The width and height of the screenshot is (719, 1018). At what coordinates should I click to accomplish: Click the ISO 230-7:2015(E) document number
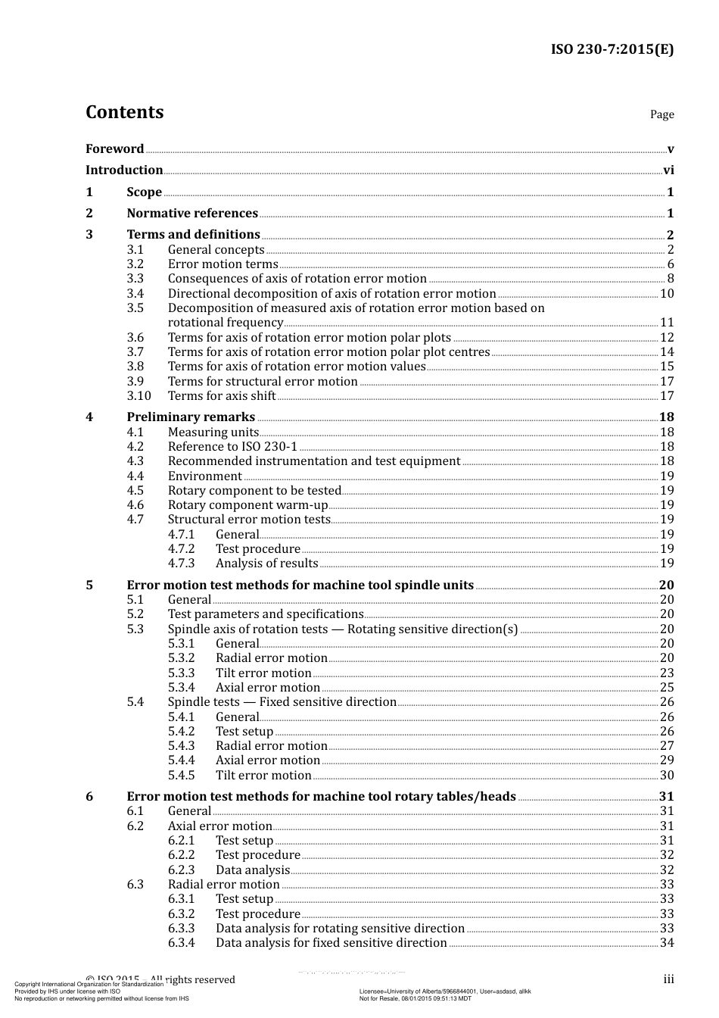(x=612, y=50)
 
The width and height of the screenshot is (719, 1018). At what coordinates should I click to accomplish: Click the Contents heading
(x=124, y=112)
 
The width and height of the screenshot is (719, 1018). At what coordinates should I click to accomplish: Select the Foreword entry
(x=114, y=149)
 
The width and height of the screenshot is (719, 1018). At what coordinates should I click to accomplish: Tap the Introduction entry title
(x=124, y=170)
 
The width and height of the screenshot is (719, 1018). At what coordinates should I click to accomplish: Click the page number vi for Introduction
(x=668, y=170)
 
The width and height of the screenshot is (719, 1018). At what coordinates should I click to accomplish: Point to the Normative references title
(x=192, y=214)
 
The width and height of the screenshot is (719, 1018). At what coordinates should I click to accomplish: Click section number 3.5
(x=135, y=308)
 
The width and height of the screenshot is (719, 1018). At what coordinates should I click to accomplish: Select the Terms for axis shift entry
(x=222, y=396)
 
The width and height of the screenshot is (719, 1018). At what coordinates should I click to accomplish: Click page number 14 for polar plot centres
(x=667, y=352)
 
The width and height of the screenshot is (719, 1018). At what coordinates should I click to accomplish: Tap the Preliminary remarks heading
(x=191, y=417)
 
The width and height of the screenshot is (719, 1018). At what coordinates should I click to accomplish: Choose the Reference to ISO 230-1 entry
(x=232, y=447)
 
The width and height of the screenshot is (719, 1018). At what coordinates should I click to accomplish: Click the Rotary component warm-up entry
(x=247, y=505)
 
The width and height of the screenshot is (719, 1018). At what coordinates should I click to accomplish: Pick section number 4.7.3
(x=182, y=564)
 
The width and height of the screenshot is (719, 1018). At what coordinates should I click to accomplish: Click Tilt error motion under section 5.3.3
(x=263, y=673)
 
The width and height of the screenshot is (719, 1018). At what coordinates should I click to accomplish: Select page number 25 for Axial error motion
(x=667, y=688)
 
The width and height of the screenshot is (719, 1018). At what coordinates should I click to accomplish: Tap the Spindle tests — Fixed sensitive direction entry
(x=282, y=702)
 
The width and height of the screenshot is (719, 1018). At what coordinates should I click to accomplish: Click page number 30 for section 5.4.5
(x=667, y=776)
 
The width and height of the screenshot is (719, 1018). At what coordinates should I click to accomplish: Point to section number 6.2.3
(x=182, y=870)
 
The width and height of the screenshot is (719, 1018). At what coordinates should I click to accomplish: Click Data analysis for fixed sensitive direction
(x=331, y=943)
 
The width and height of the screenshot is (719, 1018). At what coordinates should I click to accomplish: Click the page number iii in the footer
(x=668, y=979)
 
